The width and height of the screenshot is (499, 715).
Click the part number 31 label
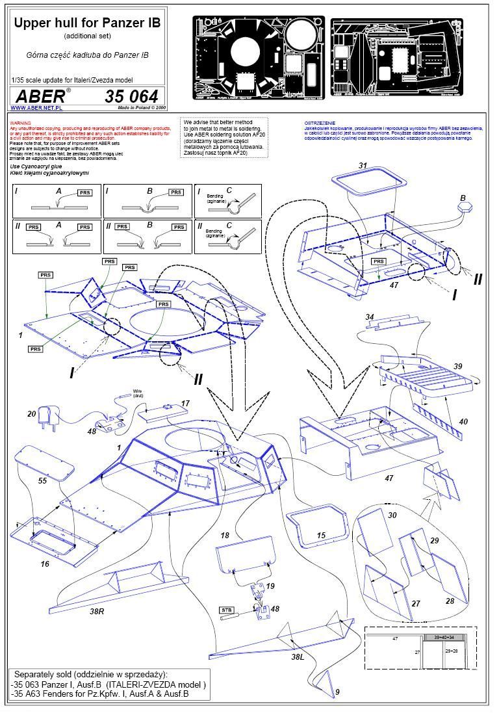tap(363, 166)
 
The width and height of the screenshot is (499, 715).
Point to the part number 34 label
tap(370, 317)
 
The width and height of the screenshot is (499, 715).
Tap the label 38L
tap(298, 657)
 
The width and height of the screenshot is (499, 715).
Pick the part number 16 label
tap(44, 564)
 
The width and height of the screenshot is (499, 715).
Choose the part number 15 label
tap(321, 535)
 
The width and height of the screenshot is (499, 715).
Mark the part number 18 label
tap(225, 536)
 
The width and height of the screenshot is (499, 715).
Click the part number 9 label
tap(337, 692)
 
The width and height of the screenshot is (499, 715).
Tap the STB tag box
tap(227, 610)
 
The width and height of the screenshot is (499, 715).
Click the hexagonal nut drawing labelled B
tap(464, 209)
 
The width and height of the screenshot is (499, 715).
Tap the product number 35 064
tap(134, 96)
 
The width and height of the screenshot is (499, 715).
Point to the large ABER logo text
tap(40, 96)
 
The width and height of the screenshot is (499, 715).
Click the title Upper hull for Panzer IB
tap(88, 23)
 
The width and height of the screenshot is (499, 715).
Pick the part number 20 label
tap(31, 414)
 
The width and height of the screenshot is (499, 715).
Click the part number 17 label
tap(186, 404)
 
